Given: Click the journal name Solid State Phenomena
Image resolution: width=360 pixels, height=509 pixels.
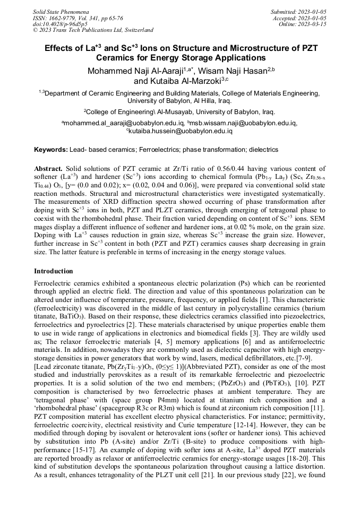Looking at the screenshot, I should click(x=60, y=11).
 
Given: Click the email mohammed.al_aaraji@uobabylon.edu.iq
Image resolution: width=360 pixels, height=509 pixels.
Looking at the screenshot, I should click(x=124, y=123).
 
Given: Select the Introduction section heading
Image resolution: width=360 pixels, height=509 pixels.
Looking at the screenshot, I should click(x=54, y=271).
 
